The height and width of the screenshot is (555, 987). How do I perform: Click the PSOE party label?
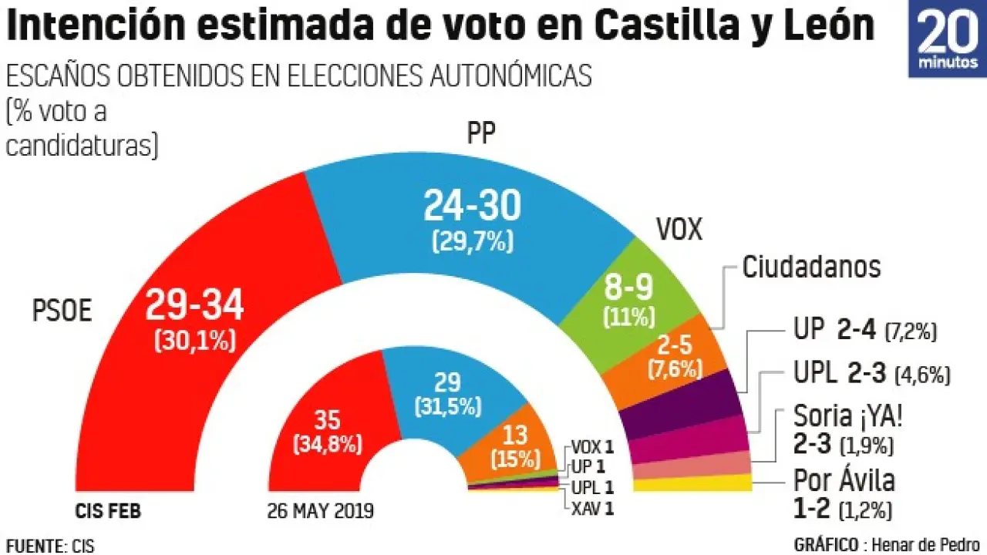click(x=62, y=311)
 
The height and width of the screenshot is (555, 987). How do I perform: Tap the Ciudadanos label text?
click(x=811, y=267)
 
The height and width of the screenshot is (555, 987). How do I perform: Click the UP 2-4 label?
click(x=864, y=331)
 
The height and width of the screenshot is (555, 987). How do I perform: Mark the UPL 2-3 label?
click(x=871, y=375)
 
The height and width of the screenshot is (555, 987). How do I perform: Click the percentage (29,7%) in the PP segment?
click(x=472, y=241)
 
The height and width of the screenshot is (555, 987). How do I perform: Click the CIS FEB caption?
click(x=109, y=510)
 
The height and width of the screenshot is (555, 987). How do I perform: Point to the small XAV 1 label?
click(x=592, y=506)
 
